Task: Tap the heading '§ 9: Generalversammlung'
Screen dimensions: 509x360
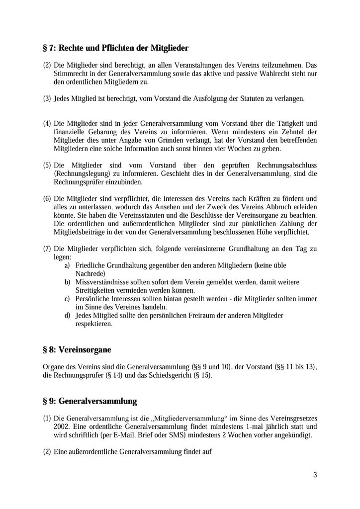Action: (x=90, y=401)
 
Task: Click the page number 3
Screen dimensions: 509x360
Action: (x=315, y=475)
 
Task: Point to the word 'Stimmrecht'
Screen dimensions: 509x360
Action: (x=70, y=74)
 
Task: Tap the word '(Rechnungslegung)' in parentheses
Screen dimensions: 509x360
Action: (x=81, y=174)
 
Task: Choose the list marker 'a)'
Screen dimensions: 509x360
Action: (x=67, y=266)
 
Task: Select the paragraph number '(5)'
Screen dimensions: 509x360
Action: (x=47, y=166)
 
